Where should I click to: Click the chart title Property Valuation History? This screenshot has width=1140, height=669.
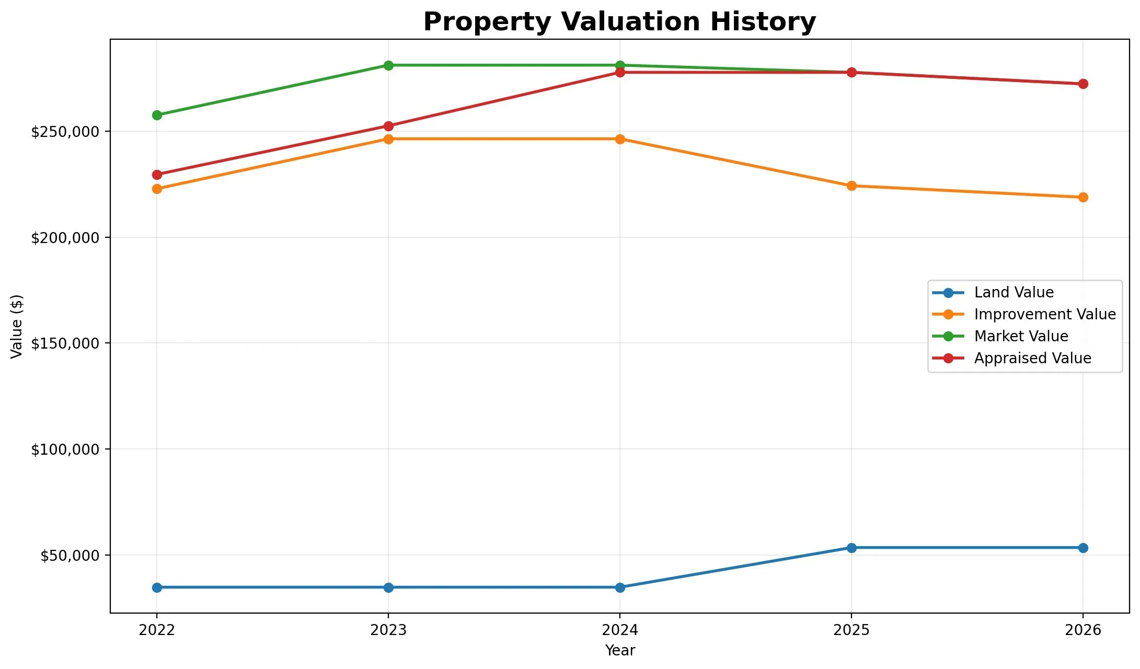[619, 22]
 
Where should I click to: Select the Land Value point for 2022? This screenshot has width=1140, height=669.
[157, 587]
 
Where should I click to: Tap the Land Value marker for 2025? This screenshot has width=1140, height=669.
[851, 548]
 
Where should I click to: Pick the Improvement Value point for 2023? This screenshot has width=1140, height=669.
[388, 139]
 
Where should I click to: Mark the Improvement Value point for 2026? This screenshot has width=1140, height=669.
[1083, 197]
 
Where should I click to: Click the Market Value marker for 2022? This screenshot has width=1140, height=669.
[157, 115]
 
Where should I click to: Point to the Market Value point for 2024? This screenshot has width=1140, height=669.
[620, 65]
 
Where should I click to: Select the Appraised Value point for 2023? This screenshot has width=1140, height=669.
[388, 126]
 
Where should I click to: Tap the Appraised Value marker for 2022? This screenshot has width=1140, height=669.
[157, 175]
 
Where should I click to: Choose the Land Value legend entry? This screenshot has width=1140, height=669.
[993, 293]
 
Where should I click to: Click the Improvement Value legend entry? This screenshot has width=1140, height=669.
[1024, 315]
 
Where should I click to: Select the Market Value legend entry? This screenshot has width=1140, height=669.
[1000, 337]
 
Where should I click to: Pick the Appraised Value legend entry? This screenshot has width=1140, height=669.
[1012, 359]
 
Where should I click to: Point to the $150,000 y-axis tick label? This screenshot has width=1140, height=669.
[65, 343]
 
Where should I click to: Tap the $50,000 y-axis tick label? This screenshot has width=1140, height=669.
[70, 555]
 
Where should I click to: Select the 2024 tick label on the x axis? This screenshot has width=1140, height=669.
[620, 630]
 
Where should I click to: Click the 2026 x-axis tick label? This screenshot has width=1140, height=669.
[1083, 630]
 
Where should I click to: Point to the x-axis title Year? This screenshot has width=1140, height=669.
[620, 650]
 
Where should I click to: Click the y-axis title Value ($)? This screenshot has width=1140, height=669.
[17, 326]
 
